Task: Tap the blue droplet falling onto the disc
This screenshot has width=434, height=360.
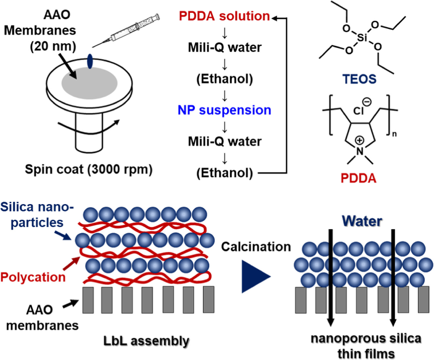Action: pos(90,61)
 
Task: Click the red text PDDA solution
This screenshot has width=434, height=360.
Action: pos(224,16)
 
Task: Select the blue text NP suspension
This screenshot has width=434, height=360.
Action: pos(224,110)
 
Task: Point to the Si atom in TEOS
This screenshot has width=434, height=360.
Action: pos(362,38)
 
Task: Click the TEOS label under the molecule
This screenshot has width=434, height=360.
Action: pos(359,79)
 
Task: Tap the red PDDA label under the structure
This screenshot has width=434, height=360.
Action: pos(358,178)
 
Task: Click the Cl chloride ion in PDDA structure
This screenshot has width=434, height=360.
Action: pos(359,111)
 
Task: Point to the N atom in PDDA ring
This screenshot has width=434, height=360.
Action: pos(359,151)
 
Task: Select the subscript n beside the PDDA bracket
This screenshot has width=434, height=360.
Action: pos(394,134)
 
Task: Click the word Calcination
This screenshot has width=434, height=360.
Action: pos(256,247)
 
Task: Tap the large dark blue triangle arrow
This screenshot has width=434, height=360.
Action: pos(255,276)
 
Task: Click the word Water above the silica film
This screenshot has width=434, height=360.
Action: pos(362,221)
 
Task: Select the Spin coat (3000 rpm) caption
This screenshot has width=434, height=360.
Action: pos(89,169)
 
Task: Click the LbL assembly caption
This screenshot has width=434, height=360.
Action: pos(146,341)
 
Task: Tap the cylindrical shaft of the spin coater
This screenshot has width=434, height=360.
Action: pos(89,135)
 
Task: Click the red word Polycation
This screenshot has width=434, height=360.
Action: pos(33,277)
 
